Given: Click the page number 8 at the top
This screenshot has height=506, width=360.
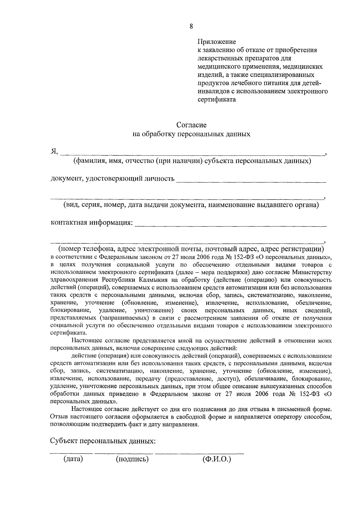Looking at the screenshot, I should (191, 26).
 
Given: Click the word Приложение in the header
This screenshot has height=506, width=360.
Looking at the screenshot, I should (217, 42).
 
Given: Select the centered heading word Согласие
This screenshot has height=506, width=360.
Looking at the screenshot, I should (191, 124).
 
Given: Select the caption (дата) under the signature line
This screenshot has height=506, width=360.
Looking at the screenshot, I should (73, 459).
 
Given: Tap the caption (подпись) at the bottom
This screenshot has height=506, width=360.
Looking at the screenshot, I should (132, 459).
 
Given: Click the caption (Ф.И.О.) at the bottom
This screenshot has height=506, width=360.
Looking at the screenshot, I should (217, 459).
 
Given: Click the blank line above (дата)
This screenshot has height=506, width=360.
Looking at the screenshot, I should (71, 453).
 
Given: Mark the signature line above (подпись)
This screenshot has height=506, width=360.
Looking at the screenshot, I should (124, 453).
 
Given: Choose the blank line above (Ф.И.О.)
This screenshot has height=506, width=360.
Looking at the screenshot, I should (199, 453).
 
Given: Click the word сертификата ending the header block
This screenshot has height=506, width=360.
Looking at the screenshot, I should (217, 99).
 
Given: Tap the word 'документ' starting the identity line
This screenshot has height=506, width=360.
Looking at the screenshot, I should (66, 179).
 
